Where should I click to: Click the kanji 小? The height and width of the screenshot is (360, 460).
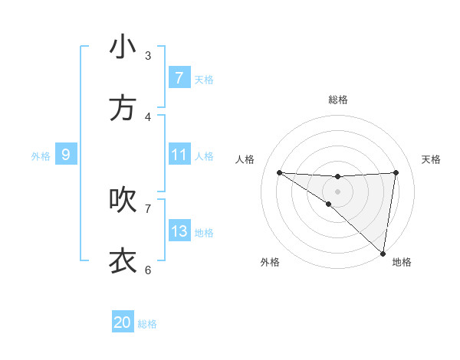tap(123, 47)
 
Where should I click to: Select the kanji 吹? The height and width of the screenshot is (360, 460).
tap(123, 200)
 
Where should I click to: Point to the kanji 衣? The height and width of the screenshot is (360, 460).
tap(123, 261)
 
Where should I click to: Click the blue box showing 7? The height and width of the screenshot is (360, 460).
tap(179, 78)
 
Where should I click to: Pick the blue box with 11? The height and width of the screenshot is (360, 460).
tap(179, 155)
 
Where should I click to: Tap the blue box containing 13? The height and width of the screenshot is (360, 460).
tap(179, 231)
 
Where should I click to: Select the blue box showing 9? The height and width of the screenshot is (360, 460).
tap(66, 155)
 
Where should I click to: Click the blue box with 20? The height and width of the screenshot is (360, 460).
tap(123, 322)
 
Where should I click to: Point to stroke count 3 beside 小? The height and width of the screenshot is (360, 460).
tap(148, 56)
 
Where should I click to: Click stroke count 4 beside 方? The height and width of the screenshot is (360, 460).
tap(148, 117)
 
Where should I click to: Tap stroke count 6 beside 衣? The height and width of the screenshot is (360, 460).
tap(148, 270)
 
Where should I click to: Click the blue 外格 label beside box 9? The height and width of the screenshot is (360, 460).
tap(41, 155)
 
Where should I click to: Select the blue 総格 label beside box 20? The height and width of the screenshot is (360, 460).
tap(147, 324)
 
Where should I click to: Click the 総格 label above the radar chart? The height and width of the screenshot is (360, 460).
tap(337, 100)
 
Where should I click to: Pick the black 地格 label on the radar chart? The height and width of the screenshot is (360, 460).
tap(402, 262)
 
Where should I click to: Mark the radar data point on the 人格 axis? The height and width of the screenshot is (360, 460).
tap(279, 172)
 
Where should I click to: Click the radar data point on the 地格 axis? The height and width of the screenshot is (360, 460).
tap(383, 253)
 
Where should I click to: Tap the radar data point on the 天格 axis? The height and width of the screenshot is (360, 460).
tap(396, 172)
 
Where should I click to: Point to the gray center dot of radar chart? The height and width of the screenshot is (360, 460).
tap(337, 191)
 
